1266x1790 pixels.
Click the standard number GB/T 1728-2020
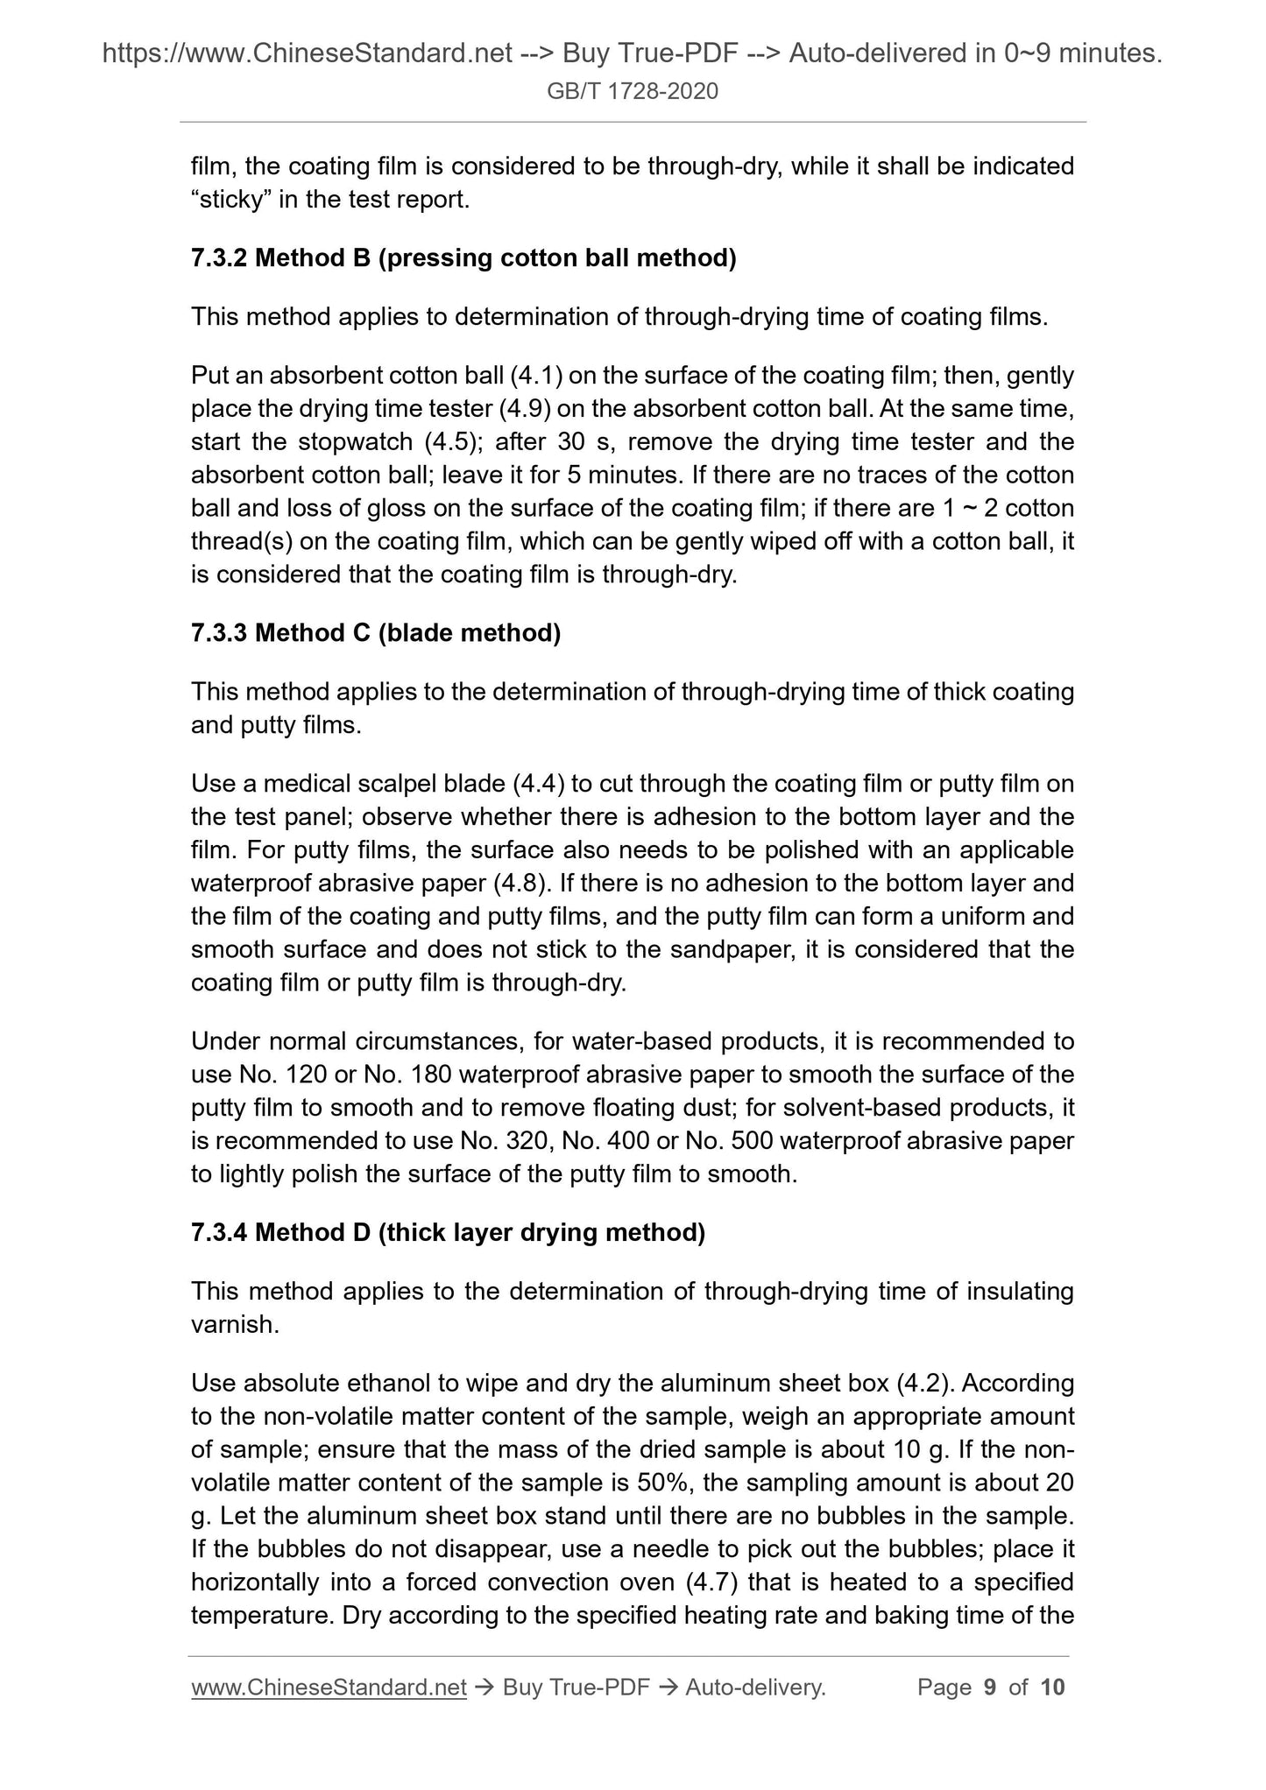pyautogui.click(x=632, y=91)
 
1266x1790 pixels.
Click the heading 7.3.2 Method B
pyautogui.click(x=463, y=258)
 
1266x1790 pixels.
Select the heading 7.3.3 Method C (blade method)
pyautogui.click(x=375, y=633)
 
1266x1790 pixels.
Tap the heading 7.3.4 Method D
pyautogui.click(x=447, y=1233)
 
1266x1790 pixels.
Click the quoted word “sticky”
pyautogui.click(x=232, y=200)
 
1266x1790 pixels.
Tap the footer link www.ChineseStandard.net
pyautogui.click(x=328, y=1688)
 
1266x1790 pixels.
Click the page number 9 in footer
pyautogui.click(x=990, y=1688)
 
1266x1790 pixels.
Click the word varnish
pyautogui.click(x=234, y=1325)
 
